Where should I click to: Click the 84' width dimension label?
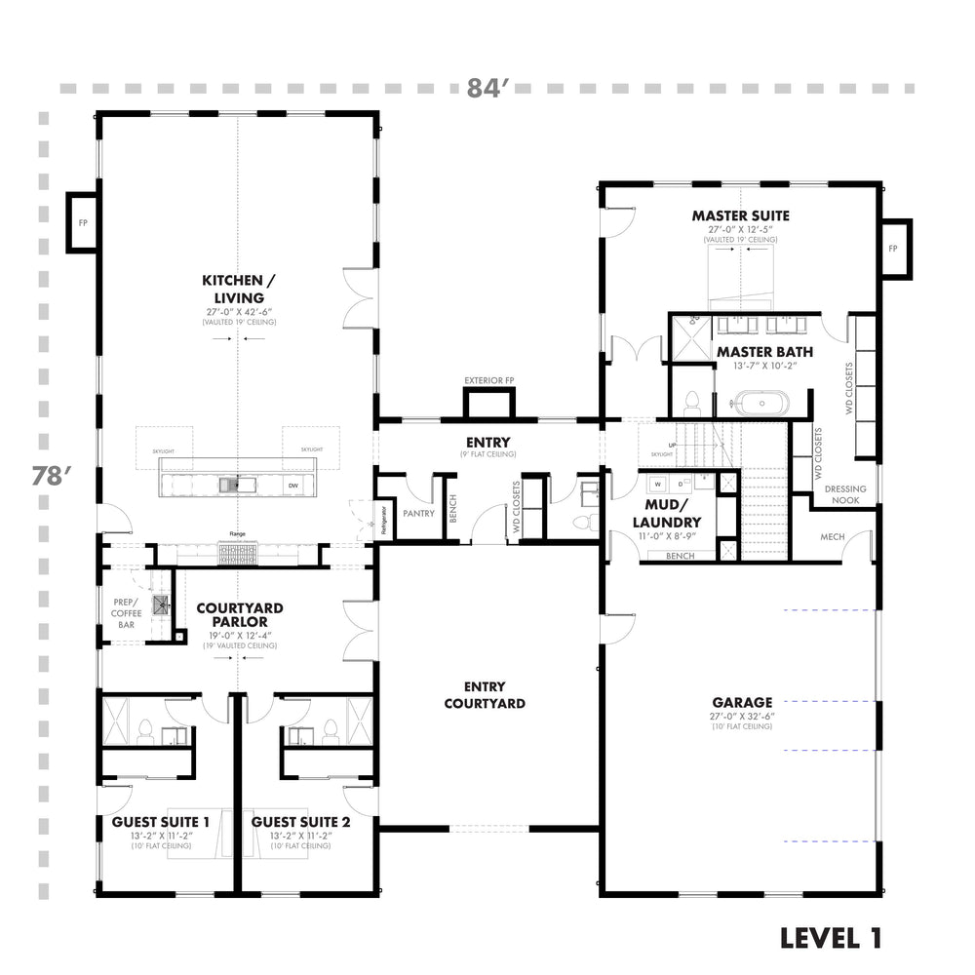tap(488, 88)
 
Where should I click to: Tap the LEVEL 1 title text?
tap(831, 938)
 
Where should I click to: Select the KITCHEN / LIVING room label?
tap(233, 289)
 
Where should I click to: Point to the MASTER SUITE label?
tap(741, 215)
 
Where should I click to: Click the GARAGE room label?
tap(742, 701)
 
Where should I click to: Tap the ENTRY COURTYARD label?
tap(487, 695)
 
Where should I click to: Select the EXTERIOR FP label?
tap(487, 379)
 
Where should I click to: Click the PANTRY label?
tap(417, 512)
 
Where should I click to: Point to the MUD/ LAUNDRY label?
tap(669, 512)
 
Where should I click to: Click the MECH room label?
tap(832, 536)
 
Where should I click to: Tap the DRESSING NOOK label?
tap(844, 494)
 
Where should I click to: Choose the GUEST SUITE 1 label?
tap(160, 822)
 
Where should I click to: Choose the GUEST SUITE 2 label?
tap(300, 822)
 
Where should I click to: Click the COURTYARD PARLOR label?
tap(233, 613)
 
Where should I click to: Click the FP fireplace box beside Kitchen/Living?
tap(80, 222)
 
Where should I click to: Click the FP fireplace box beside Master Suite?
tap(892, 249)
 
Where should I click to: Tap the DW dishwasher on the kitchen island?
tap(292, 485)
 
